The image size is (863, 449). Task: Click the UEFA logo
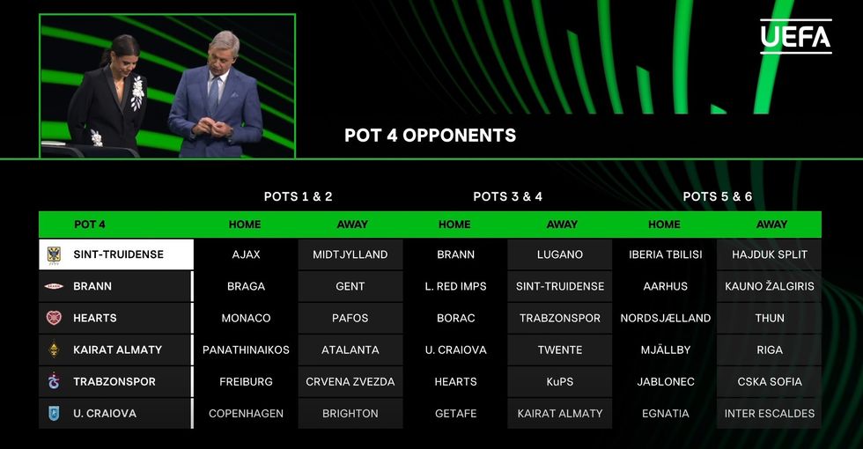pyautogui.click(x=796, y=36)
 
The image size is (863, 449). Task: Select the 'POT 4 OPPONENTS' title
pyautogui.click(x=431, y=136)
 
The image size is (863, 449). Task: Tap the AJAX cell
pyautogui.click(x=246, y=254)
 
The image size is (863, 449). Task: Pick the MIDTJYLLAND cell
pyautogui.click(x=350, y=254)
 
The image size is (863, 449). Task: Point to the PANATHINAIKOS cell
pyautogui.click(x=246, y=350)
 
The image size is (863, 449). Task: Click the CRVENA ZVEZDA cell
pyautogui.click(x=350, y=381)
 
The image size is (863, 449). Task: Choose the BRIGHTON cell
pyautogui.click(x=350, y=413)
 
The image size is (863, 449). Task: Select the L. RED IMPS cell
pyautogui.click(x=456, y=286)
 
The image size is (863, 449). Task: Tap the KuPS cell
pyautogui.click(x=560, y=381)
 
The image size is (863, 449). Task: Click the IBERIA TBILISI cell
pyautogui.click(x=666, y=254)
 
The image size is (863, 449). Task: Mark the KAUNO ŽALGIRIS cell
pyautogui.click(x=770, y=286)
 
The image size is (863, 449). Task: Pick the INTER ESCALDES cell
pyautogui.click(x=770, y=413)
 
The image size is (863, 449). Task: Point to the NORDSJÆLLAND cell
pyautogui.click(x=666, y=318)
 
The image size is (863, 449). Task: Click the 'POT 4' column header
pyautogui.click(x=90, y=224)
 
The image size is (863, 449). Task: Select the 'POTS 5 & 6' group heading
pyautogui.click(x=717, y=196)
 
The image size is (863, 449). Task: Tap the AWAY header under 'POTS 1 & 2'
pyautogui.click(x=352, y=224)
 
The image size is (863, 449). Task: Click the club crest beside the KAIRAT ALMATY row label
pyautogui.click(x=54, y=350)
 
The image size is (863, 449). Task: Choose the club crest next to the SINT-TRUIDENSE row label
pyautogui.click(x=54, y=254)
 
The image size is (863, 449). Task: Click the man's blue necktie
pyautogui.click(x=213, y=95)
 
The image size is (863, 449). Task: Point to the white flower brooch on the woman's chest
pyautogui.click(x=137, y=92)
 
